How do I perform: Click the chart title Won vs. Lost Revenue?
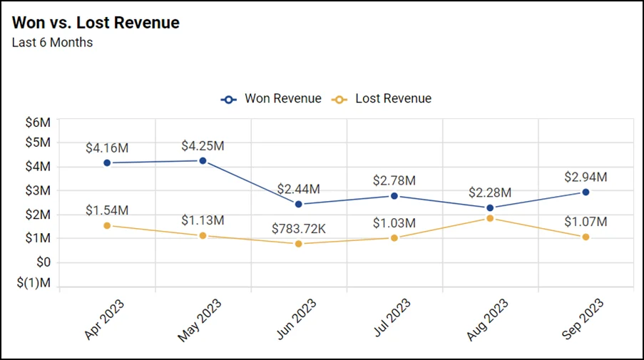click(96, 23)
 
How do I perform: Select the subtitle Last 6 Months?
click(52, 43)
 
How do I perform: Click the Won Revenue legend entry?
click(271, 99)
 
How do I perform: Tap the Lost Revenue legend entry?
click(383, 99)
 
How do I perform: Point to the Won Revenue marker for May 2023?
click(203, 161)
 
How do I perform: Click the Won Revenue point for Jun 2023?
click(298, 204)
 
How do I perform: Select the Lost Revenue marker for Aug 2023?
click(490, 218)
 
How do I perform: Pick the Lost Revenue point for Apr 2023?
click(107, 225)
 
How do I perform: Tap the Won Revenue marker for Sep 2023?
click(586, 192)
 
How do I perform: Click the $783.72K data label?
click(298, 229)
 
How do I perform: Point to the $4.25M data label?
click(203, 146)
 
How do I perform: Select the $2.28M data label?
click(490, 193)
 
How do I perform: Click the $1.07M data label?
click(586, 222)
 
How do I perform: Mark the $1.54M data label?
click(107, 210)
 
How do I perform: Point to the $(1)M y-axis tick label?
click(34, 283)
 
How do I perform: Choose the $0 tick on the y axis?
click(43, 262)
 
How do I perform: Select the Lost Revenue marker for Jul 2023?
click(394, 237)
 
